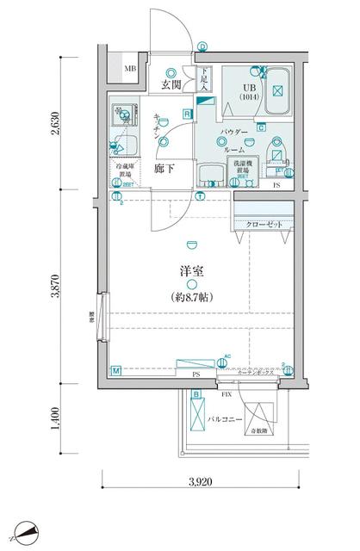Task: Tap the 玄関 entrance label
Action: coord(171,84)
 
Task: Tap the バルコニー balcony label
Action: coord(224,419)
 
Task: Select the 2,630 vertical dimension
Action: coord(56,125)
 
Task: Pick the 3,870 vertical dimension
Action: coord(56,284)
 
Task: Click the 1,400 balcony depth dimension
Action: coord(56,419)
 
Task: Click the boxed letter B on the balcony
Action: coord(196,395)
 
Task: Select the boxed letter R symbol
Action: coord(187,114)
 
